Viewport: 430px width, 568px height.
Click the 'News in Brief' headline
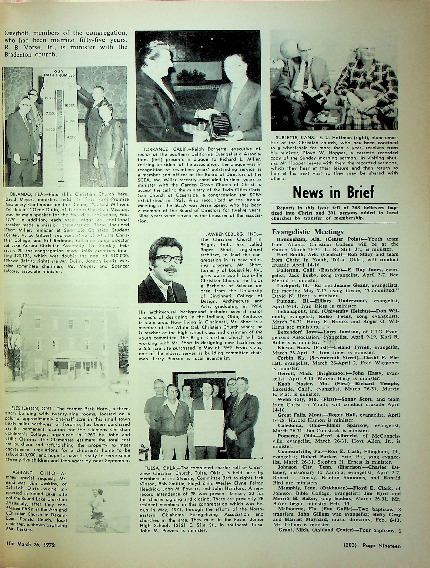coord(333,192)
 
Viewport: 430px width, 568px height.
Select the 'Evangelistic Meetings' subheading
coord(307,232)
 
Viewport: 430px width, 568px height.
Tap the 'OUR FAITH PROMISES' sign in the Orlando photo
coord(59,73)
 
